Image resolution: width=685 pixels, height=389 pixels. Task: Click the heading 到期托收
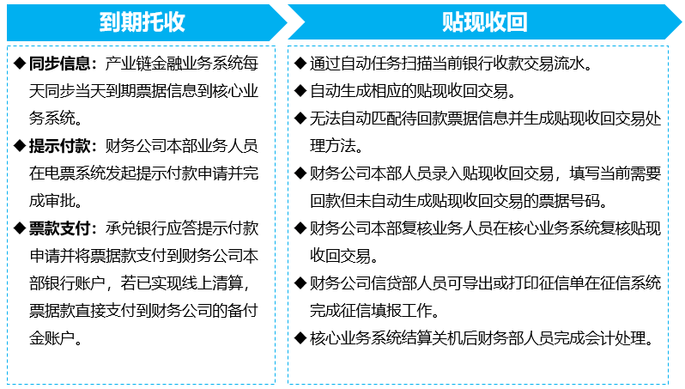(142, 21)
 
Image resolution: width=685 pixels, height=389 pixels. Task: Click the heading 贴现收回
(484, 21)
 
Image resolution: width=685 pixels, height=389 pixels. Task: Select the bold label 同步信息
(59, 64)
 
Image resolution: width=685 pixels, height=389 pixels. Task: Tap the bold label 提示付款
(59, 146)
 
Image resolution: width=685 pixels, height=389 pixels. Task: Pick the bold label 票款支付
(59, 228)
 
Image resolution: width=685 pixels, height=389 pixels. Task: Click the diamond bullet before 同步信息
(20, 64)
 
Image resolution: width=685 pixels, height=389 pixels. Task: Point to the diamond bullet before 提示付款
(20, 145)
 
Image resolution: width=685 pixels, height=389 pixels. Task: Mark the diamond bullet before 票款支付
(20, 228)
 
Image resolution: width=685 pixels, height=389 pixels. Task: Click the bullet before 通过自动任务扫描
(300, 64)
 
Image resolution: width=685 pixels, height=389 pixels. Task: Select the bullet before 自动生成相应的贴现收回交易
(300, 91)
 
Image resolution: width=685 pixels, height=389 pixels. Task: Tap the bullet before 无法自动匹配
(300, 119)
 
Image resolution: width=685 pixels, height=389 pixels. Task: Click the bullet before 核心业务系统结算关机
(300, 337)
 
